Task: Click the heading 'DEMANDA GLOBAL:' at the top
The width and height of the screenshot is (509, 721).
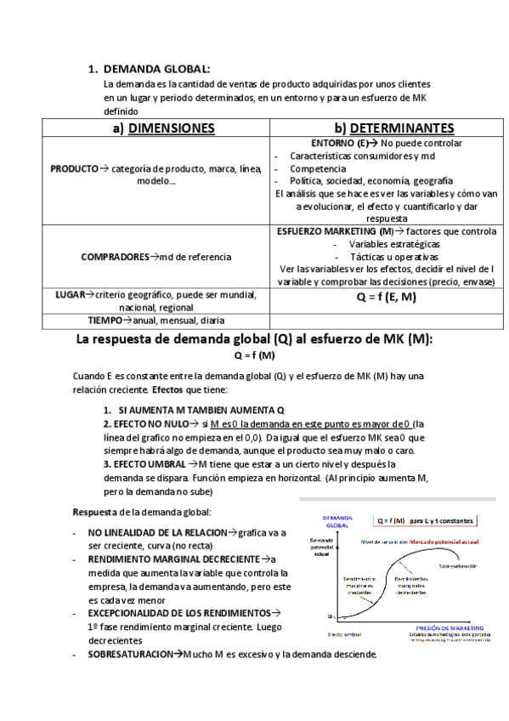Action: click(156, 69)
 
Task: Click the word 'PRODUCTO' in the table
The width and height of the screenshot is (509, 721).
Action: click(74, 169)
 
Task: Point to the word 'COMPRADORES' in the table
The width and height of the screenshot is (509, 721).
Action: click(114, 256)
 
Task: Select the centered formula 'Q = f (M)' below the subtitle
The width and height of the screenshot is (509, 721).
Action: click(254, 355)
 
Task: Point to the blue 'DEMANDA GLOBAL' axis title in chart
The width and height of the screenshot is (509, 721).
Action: click(338, 522)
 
